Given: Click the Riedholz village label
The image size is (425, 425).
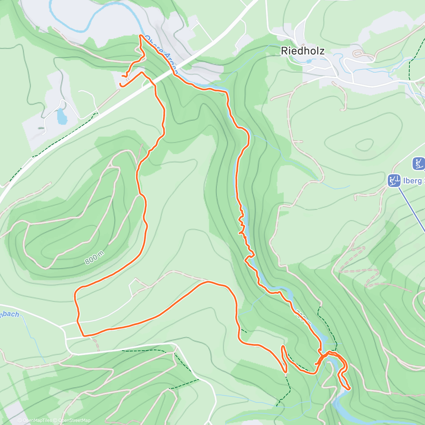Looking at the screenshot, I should [302, 51].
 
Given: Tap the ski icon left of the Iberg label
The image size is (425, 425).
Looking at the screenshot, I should [394, 180].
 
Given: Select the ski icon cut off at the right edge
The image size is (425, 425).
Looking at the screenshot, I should [419, 164].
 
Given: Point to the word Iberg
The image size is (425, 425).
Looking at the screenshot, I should [413, 181].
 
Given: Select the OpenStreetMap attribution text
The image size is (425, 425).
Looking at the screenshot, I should [73, 420].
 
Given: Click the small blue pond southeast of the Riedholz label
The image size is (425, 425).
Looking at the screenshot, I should [310, 61].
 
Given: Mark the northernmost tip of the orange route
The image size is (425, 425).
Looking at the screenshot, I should [141, 35].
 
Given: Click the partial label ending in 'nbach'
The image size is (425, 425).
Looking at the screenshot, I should [9, 314].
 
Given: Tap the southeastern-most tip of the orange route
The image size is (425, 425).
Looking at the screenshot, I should [349, 389].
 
